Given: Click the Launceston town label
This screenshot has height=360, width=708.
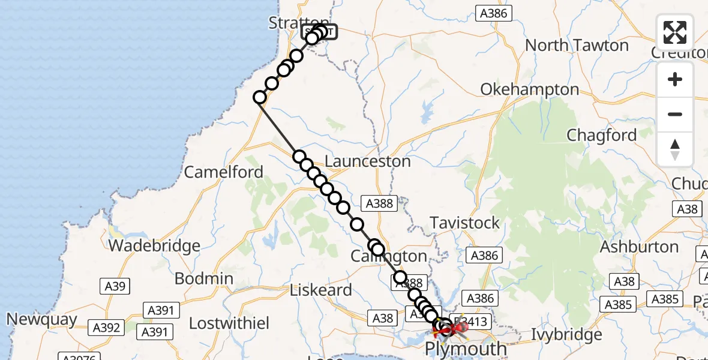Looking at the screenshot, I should (x=367, y=161).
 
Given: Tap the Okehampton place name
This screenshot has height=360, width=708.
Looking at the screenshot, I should (x=529, y=90).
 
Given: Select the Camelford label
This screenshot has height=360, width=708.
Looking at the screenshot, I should (x=223, y=172).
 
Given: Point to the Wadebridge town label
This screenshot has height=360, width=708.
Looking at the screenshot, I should (x=154, y=245).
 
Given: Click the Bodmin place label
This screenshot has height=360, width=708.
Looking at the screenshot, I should (x=203, y=278).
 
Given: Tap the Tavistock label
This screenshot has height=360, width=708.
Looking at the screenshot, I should (x=464, y=223).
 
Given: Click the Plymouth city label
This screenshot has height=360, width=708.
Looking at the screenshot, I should (x=466, y=349).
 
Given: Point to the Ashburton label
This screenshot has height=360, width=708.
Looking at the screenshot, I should (x=639, y=247).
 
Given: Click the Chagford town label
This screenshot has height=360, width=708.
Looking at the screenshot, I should (x=601, y=136).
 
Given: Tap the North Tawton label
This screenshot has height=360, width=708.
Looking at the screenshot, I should (x=577, y=46).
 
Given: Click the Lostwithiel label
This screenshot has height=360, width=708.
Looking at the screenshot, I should (x=229, y=323).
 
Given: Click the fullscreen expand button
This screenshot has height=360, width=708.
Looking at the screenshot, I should (x=675, y=32).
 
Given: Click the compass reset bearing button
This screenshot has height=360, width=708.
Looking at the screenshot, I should (x=675, y=149).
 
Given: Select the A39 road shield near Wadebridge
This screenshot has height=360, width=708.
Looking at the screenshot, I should (x=115, y=286).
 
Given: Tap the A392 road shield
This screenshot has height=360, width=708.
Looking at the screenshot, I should (x=106, y=328).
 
